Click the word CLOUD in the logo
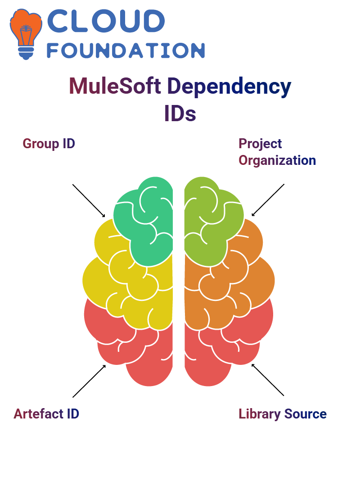click(x=106, y=21)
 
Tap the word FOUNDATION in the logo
click(x=126, y=50)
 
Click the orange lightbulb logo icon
click(x=26, y=34)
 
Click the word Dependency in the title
click(x=229, y=87)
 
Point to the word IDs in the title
click(x=180, y=114)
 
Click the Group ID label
click(x=49, y=144)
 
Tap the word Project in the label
click(x=260, y=144)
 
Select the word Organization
click(x=277, y=161)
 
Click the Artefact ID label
click(x=46, y=414)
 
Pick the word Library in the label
click(x=260, y=414)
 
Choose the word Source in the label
click(x=305, y=414)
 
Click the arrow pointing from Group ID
click(x=89, y=201)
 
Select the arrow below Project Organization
click(x=268, y=200)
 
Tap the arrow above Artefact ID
click(x=90, y=381)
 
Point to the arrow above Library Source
click(x=268, y=380)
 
